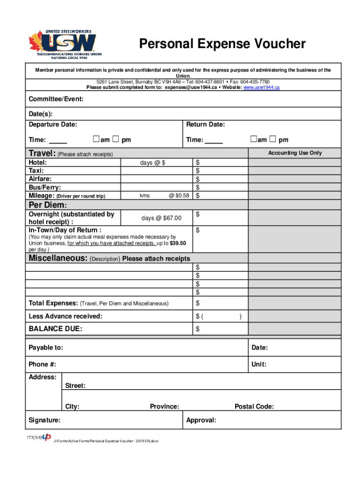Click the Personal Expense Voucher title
point(223,44)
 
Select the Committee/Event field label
point(56,99)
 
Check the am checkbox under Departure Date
point(96,139)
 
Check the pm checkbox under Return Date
point(273,139)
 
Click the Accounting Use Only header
point(295,153)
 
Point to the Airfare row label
point(40,179)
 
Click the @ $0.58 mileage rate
point(179,196)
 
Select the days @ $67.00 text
point(161,218)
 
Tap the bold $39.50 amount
point(178,243)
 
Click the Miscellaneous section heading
point(58,259)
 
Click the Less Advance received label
point(65,316)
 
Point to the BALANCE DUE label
point(55,329)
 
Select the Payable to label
point(46,348)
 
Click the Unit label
point(259,364)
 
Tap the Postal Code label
point(254,406)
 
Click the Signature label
point(44,420)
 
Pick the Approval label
point(201,420)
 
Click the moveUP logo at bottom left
point(39,437)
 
